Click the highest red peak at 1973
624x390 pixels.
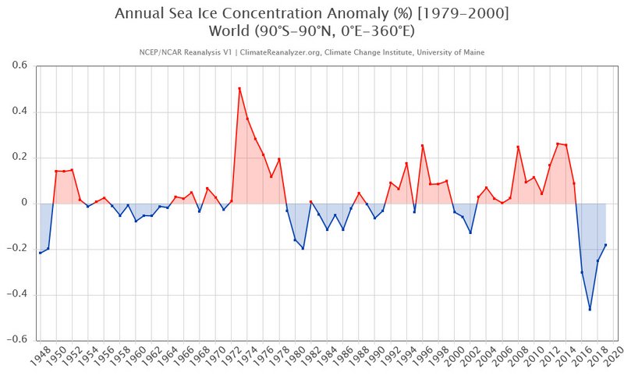coord(239,88)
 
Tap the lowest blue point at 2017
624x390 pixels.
coord(590,310)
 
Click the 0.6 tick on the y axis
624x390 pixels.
coord(19,66)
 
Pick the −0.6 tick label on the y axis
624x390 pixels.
coord(18,340)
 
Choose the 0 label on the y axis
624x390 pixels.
coord(24,203)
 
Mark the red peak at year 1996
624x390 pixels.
coord(422,145)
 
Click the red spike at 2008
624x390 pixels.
coord(518,147)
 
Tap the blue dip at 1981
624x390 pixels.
coord(303,248)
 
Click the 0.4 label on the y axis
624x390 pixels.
coord(19,112)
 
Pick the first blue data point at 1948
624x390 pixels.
coord(40,253)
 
